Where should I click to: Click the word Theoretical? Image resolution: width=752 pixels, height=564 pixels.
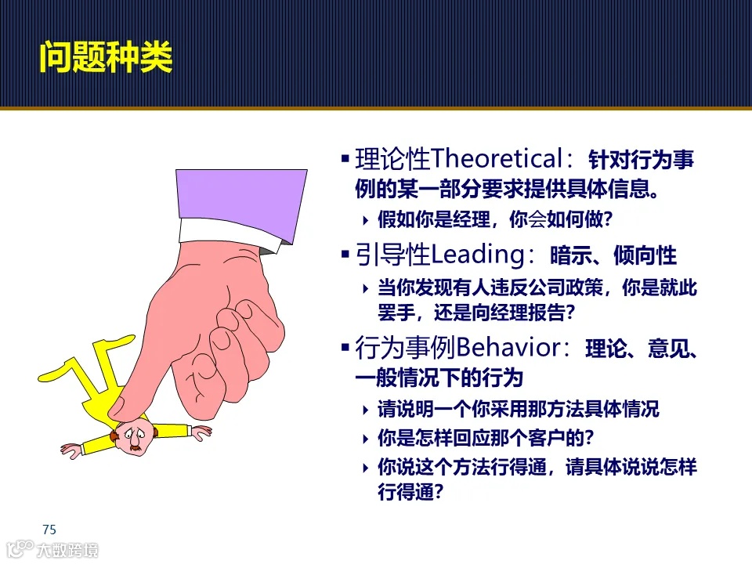tap(497, 160)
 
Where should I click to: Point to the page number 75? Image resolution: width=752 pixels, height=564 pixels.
tap(49, 529)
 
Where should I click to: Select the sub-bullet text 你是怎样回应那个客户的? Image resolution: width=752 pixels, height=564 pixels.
tap(485, 437)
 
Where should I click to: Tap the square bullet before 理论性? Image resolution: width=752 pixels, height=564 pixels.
tap(345, 161)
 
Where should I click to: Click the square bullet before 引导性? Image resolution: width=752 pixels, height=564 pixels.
tap(345, 255)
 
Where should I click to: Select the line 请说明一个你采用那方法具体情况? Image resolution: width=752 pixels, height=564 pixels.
tap(518, 409)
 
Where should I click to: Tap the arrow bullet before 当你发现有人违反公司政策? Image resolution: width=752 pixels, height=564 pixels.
tap(366, 288)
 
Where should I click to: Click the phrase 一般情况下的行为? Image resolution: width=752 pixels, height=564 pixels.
tap(439, 378)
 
